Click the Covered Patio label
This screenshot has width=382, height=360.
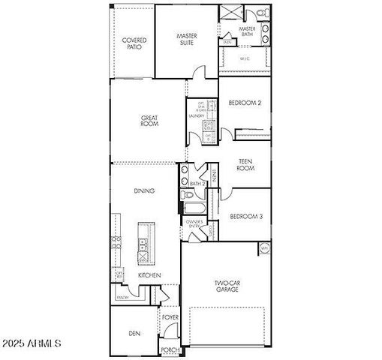[x=134, y=43]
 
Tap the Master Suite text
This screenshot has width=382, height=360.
[x=187, y=39]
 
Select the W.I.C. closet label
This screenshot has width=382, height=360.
[x=245, y=58]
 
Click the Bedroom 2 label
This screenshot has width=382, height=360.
[x=245, y=103]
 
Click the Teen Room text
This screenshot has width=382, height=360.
[x=245, y=164]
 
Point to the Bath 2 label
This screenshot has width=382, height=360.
[x=197, y=183]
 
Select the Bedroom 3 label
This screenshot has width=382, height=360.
[x=245, y=217]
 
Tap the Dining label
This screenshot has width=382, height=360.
[x=144, y=190]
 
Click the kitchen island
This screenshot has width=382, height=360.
[x=141, y=243]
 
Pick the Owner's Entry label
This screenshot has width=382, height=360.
[x=196, y=224]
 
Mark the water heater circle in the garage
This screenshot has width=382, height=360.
[x=264, y=248]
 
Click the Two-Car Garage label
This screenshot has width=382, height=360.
[x=227, y=286]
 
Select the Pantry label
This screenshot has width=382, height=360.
[x=122, y=298]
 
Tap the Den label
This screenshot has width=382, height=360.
[x=134, y=333]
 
